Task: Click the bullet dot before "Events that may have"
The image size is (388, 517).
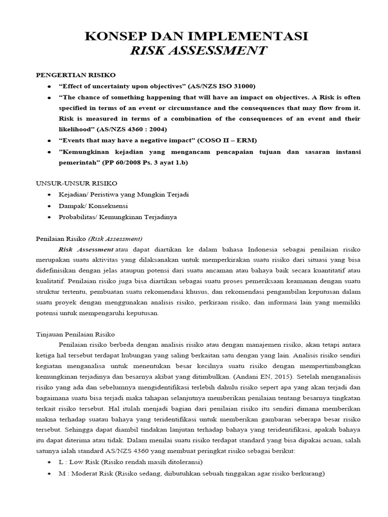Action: click(49, 140)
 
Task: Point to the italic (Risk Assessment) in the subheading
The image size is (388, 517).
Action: click(115, 238)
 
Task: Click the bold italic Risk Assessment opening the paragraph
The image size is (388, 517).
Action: click(86, 249)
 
